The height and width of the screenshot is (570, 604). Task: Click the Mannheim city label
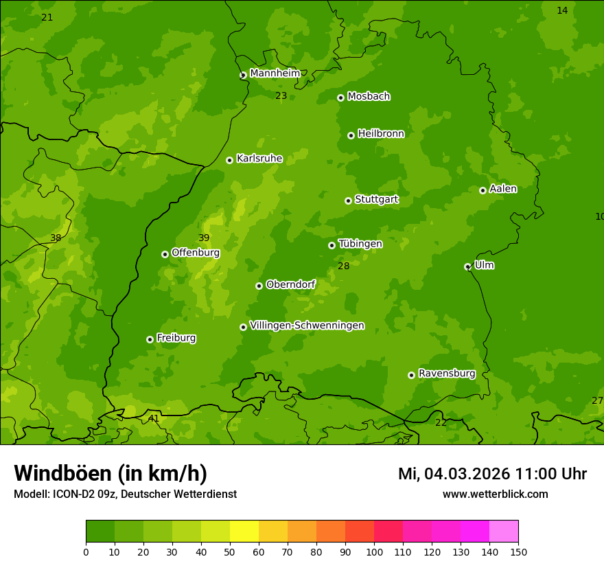pos(275,73)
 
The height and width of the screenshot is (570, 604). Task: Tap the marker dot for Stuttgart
pos(348,201)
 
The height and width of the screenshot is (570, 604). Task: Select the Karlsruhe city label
pos(259,159)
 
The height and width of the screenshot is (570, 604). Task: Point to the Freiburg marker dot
pos(150,339)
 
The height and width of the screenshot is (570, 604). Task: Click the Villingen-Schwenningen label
pos(307,326)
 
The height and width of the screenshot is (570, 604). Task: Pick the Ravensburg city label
pos(446,374)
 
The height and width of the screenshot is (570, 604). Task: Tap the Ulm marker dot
pos(467,266)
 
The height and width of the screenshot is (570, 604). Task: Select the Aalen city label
pos(502,189)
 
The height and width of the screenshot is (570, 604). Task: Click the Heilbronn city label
pos(381,134)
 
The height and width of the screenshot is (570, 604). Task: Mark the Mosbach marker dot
pos(340,98)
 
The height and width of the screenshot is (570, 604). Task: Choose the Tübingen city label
pos(360,244)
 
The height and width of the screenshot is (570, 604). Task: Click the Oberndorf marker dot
pos(259,286)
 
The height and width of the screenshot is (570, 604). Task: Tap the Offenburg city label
pos(195,253)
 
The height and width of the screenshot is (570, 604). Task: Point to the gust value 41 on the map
pos(154,418)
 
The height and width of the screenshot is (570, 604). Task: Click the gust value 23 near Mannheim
pos(281,95)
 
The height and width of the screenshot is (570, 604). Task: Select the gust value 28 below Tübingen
pos(344,266)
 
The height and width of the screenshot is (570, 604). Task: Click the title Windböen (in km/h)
pos(111,473)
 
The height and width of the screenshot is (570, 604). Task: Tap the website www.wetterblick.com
pos(495,494)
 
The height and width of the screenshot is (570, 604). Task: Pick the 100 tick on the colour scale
pos(374,551)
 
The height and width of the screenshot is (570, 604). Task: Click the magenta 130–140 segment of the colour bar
pos(475,532)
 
